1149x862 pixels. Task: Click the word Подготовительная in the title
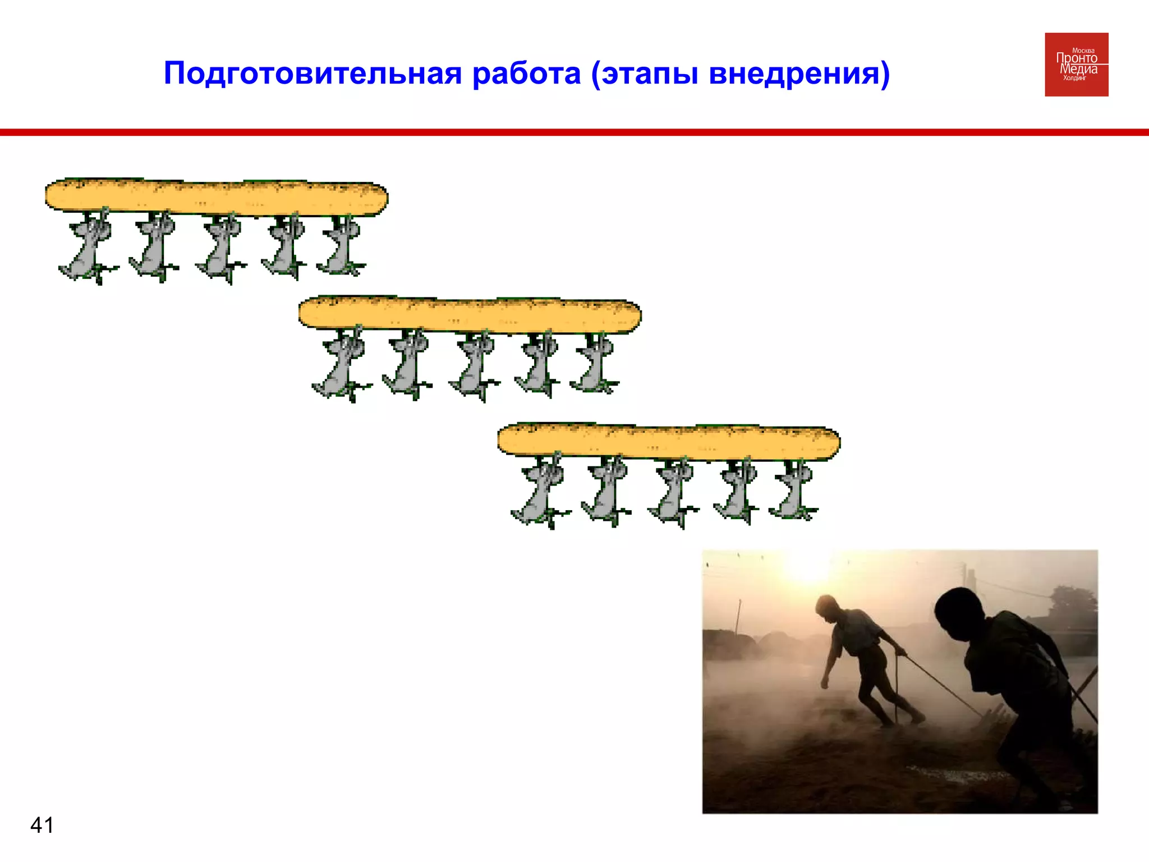pos(312,74)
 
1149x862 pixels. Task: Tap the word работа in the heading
pos(526,74)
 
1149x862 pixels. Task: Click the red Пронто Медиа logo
pos(1076,65)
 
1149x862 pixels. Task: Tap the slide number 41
pos(42,825)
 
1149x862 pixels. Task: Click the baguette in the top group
pos(217,197)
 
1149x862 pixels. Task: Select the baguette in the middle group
pos(470,315)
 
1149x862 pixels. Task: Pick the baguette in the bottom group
pos(669,442)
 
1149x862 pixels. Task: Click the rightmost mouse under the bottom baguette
pos(793,491)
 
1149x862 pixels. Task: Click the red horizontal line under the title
pos(574,132)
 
